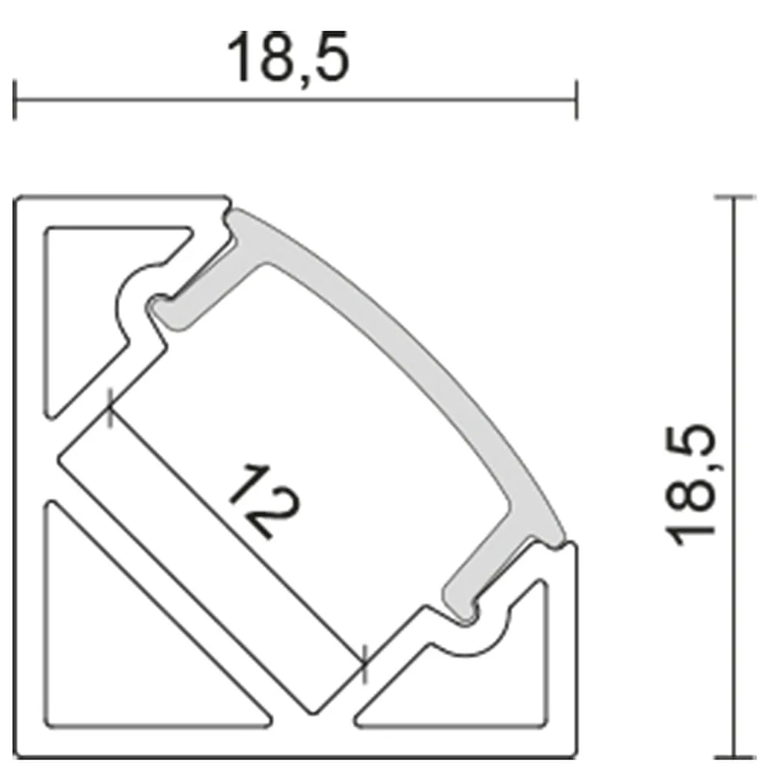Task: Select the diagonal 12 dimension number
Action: pos(264,500)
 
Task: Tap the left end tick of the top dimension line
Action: pos(15,99)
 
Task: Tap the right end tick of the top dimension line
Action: pos(576,99)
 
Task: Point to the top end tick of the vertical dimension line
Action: pos(734,197)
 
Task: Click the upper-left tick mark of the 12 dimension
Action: pos(110,407)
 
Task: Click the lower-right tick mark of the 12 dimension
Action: pos(364,664)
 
